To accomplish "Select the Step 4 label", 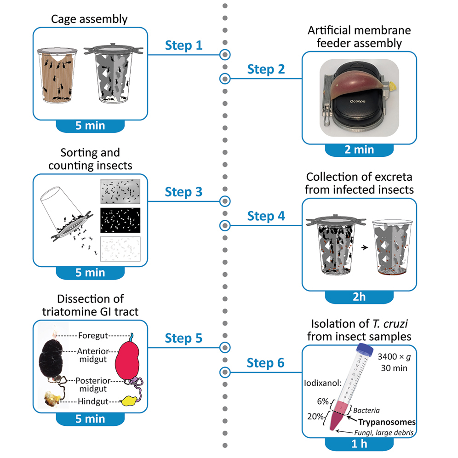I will (266, 216).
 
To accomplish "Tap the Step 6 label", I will (266, 363).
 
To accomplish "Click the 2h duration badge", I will (360, 297).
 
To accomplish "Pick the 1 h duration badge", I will (360, 444).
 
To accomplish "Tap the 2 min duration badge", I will (360, 149).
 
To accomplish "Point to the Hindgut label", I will (93, 401).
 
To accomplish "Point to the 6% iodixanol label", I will (321, 401).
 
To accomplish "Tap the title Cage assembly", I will (90, 19).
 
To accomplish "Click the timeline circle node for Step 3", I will (224, 201).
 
